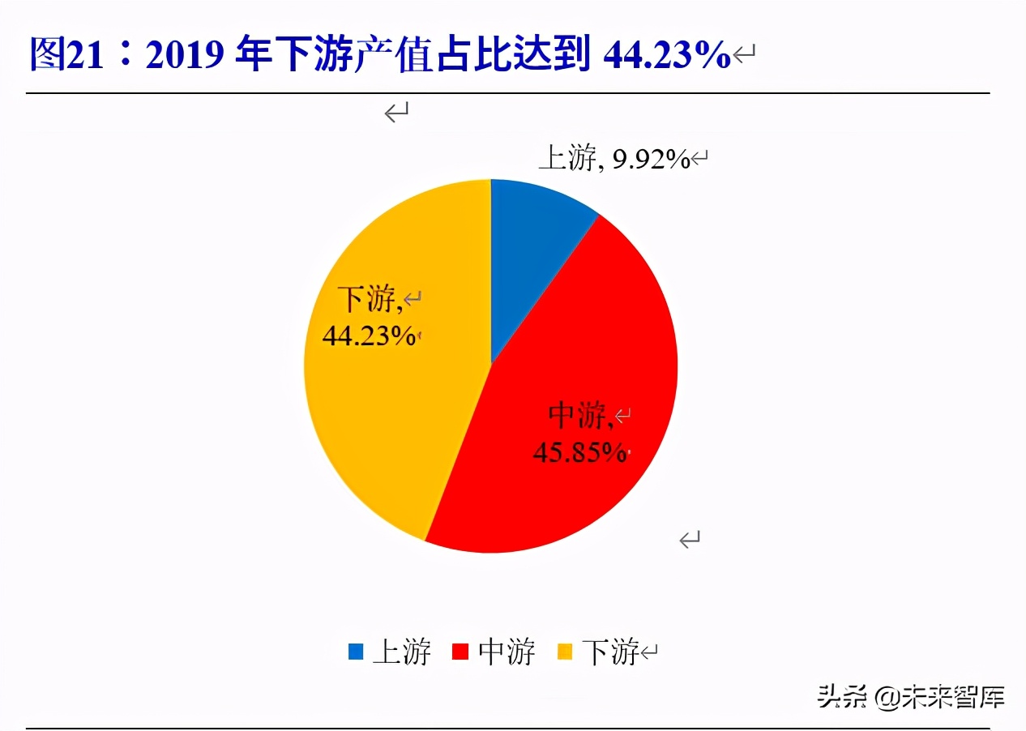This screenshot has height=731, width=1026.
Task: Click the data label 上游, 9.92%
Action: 614,159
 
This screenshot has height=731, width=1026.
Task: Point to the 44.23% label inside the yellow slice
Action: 370,336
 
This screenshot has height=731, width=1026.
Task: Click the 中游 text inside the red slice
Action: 579,416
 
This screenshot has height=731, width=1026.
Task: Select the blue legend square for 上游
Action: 355,651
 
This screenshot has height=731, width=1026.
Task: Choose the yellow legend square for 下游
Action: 566,651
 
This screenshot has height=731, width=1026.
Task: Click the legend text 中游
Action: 507,651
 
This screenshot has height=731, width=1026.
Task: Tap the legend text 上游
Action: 401,651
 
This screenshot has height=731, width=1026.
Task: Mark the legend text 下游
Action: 611,651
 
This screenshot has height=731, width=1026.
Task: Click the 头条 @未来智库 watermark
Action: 911,695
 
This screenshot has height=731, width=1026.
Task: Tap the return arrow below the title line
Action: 396,113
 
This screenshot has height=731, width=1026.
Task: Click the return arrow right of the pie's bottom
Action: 690,539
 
